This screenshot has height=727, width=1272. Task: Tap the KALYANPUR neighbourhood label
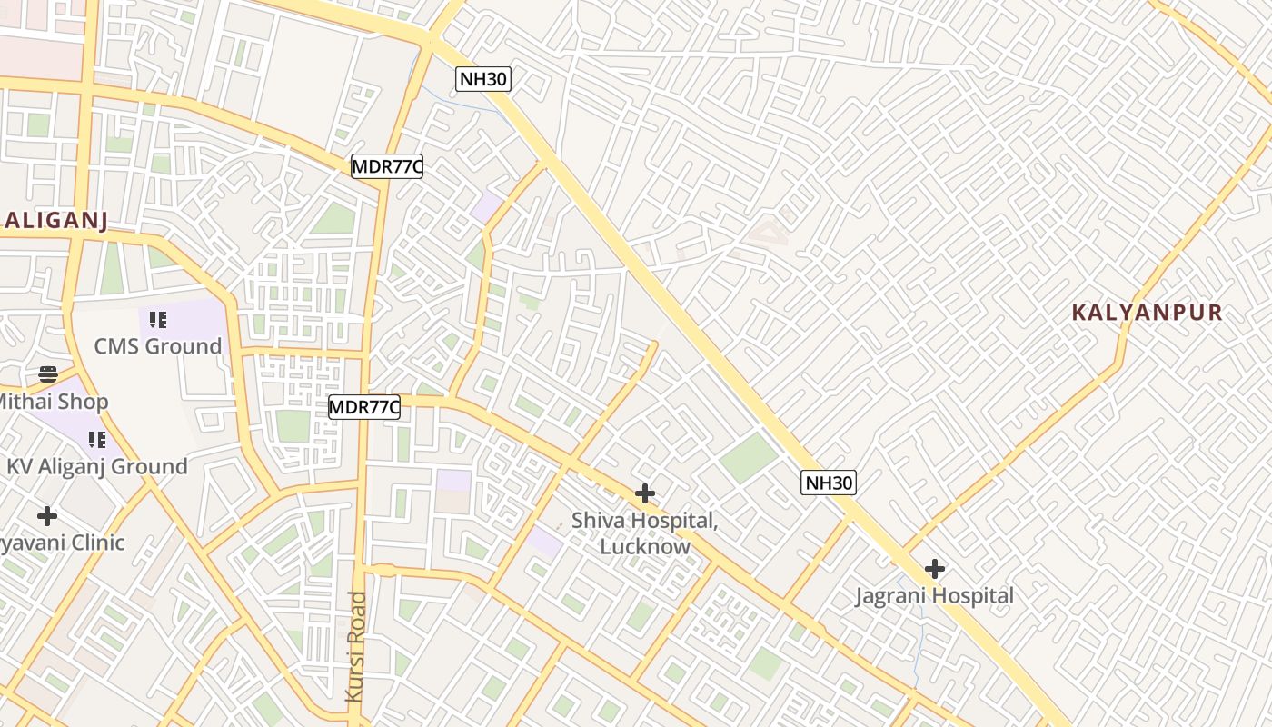(x=1147, y=314)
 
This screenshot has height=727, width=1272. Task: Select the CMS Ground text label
(x=158, y=346)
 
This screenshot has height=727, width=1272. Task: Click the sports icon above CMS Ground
(x=158, y=320)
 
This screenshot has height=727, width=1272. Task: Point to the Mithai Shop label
(x=55, y=402)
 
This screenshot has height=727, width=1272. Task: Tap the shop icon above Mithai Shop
(x=47, y=374)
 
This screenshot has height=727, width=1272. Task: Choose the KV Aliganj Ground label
(x=96, y=467)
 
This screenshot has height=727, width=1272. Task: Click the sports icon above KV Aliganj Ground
(x=96, y=440)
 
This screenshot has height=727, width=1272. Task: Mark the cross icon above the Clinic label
(x=47, y=516)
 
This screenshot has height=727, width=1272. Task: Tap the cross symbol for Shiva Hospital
(x=645, y=493)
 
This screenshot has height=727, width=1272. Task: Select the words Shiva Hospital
(x=644, y=522)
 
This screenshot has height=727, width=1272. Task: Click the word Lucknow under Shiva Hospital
(x=645, y=547)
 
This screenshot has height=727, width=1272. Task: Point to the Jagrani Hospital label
(x=934, y=596)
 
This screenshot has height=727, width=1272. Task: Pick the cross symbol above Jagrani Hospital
(x=934, y=569)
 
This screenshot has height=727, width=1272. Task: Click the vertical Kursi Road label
(x=356, y=645)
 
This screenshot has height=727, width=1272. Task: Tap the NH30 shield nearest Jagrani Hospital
(x=829, y=483)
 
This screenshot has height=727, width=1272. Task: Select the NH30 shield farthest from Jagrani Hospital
(x=483, y=79)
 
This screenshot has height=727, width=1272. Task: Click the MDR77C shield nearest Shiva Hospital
(x=364, y=407)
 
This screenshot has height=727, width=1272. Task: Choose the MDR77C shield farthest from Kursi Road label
(x=388, y=166)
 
